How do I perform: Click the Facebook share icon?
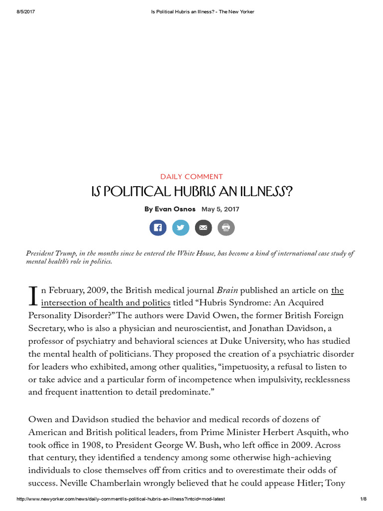158,228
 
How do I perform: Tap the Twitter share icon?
181,228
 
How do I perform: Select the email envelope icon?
203,228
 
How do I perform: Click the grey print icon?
226,228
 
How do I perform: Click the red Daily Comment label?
191,177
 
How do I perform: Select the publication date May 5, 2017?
220,209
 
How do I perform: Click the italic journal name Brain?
227,290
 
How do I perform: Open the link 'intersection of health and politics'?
106,303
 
